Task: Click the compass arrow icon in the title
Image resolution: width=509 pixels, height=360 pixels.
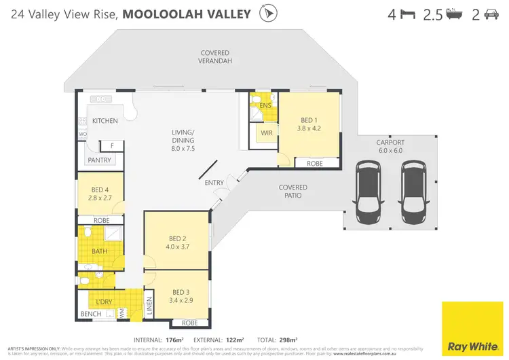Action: coord(269,14)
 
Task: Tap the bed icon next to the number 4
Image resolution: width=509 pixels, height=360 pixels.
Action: coord(407,14)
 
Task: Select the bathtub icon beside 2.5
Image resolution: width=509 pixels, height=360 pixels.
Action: coord(453,14)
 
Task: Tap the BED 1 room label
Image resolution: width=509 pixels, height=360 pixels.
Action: coord(309,122)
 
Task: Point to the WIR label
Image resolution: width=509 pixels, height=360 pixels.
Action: coord(266,133)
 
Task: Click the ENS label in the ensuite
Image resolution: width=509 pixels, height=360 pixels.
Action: coord(265,105)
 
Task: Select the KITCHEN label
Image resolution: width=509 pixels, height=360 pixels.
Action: coord(105,121)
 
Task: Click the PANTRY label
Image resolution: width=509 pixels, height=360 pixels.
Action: coord(99,160)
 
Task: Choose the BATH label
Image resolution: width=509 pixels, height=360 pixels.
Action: coord(99,252)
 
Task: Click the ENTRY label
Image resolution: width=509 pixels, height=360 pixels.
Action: coord(214,183)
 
